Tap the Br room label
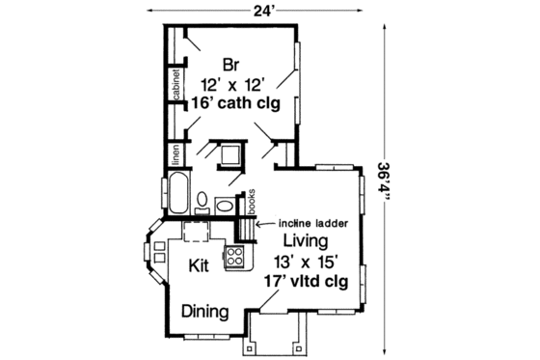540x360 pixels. coord(230,65)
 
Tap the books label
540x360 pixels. coord(251,200)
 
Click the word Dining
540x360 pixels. coord(205,312)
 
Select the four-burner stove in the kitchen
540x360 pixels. coord(233,256)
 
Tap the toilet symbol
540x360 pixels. coord(203,203)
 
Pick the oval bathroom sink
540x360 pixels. coord(225,206)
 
